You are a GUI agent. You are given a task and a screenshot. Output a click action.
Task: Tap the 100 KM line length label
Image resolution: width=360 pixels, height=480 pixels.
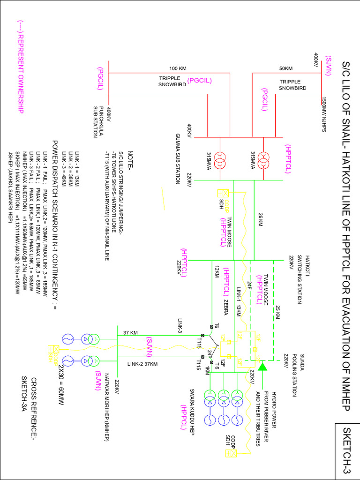click(178, 68)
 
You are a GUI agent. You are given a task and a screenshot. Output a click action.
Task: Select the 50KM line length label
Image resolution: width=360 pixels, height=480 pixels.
click(286, 68)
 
